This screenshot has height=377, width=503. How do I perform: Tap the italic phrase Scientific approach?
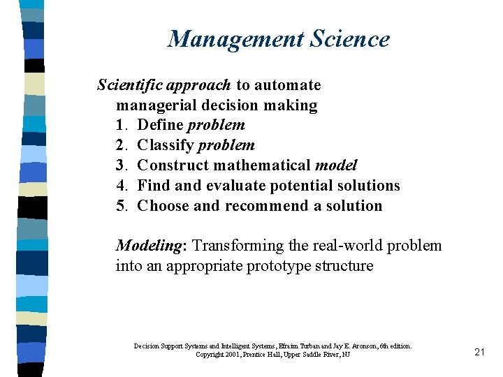163,85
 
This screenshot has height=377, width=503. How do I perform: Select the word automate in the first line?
287,85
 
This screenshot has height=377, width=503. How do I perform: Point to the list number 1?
121,125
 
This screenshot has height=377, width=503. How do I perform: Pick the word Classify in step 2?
166,145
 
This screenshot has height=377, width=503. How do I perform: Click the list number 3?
121,165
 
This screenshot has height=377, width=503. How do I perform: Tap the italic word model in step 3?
336,165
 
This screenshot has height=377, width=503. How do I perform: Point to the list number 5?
121,206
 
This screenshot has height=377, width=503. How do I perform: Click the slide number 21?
479,353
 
